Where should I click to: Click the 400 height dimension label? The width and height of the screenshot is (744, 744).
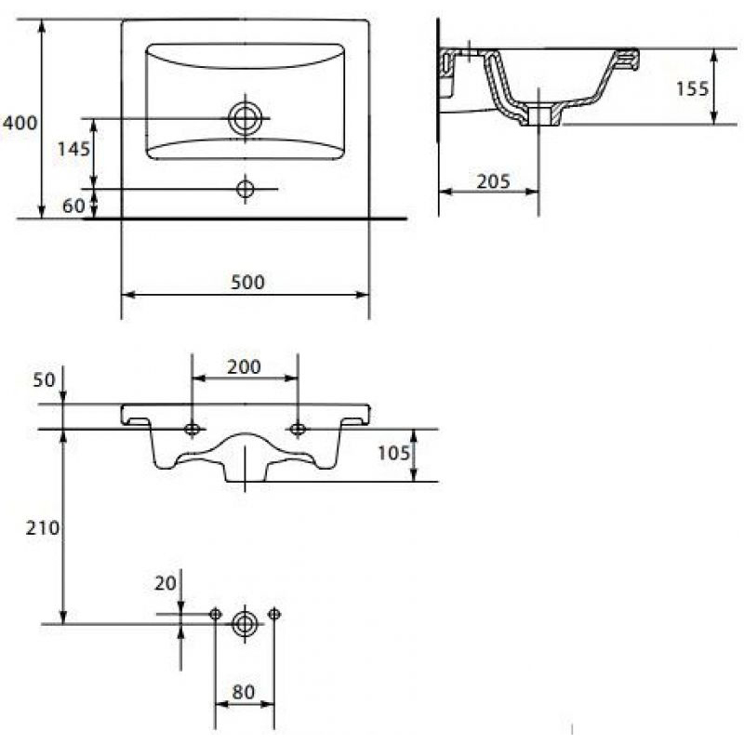pos(20,124)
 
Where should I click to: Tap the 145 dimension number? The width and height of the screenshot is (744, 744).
pos(73,150)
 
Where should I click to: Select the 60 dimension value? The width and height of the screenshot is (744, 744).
pos(73,206)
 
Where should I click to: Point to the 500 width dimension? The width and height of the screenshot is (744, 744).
pos(247,283)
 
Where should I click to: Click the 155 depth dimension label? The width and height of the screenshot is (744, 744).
pos(692,88)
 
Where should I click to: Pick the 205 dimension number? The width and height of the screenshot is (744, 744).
pos(493,181)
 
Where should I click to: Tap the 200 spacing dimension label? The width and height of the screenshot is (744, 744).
pos(244,366)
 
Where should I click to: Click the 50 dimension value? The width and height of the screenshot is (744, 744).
pos(44,380)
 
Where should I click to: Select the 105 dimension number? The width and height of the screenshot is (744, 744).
pos(393,454)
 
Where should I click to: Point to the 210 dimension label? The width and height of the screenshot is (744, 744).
pos(43,527)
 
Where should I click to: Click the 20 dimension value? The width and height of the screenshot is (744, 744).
pos(166,583)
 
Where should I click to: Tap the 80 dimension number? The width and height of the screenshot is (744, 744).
pos(244,692)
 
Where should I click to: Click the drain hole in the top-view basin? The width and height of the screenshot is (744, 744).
pos(246,118)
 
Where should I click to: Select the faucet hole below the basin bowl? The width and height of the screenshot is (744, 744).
pos(246,189)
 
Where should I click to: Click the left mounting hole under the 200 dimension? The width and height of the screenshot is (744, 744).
pos(192,430)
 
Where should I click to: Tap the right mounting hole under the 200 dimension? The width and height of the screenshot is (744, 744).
pos(298,430)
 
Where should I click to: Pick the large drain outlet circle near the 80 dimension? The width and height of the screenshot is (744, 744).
pos(245,624)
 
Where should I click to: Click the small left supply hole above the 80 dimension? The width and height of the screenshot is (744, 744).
pos(216,614)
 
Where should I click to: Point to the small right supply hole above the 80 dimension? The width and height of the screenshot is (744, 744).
pos(273,614)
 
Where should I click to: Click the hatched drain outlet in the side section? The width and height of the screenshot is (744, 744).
pos(542,115)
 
